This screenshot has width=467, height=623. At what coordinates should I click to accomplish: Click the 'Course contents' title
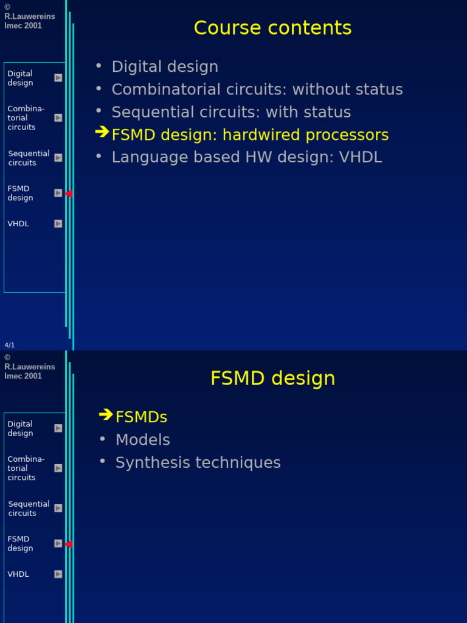click(x=272, y=28)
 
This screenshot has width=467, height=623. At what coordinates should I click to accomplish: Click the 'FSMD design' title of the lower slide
click(x=272, y=378)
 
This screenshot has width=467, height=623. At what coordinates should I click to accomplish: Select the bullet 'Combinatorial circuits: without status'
click(x=257, y=89)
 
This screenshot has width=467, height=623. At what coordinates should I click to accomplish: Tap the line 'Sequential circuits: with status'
click(x=231, y=113)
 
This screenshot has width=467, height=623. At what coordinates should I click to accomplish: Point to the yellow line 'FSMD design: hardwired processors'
click(x=250, y=135)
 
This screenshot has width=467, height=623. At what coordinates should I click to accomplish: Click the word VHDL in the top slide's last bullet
click(x=361, y=158)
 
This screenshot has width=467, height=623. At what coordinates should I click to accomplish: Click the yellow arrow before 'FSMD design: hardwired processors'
click(x=102, y=132)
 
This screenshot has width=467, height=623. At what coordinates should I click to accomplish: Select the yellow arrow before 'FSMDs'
click(x=106, y=415)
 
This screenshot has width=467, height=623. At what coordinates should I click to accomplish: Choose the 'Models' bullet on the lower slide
click(x=142, y=440)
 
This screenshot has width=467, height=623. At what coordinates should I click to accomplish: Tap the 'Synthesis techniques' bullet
click(x=198, y=463)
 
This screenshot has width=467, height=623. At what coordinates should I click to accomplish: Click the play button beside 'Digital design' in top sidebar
click(x=58, y=78)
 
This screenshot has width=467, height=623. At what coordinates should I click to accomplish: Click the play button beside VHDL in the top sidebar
click(x=58, y=224)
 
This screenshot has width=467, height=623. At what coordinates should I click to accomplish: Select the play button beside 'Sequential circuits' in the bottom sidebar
click(x=58, y=508)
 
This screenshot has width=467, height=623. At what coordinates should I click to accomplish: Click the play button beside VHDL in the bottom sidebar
click(x=58, y=574)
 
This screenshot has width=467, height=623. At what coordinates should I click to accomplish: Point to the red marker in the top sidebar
click(x=69, y=193)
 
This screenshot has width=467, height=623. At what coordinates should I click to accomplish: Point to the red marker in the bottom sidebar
click(x=69, y=544)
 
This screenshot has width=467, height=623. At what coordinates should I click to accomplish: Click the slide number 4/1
click(x=10, y=346)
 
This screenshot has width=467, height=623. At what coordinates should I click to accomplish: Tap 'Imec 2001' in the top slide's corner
click(x=23, y=26)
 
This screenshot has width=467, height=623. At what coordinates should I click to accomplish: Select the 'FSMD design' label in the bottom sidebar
click(x=20, y=544)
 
